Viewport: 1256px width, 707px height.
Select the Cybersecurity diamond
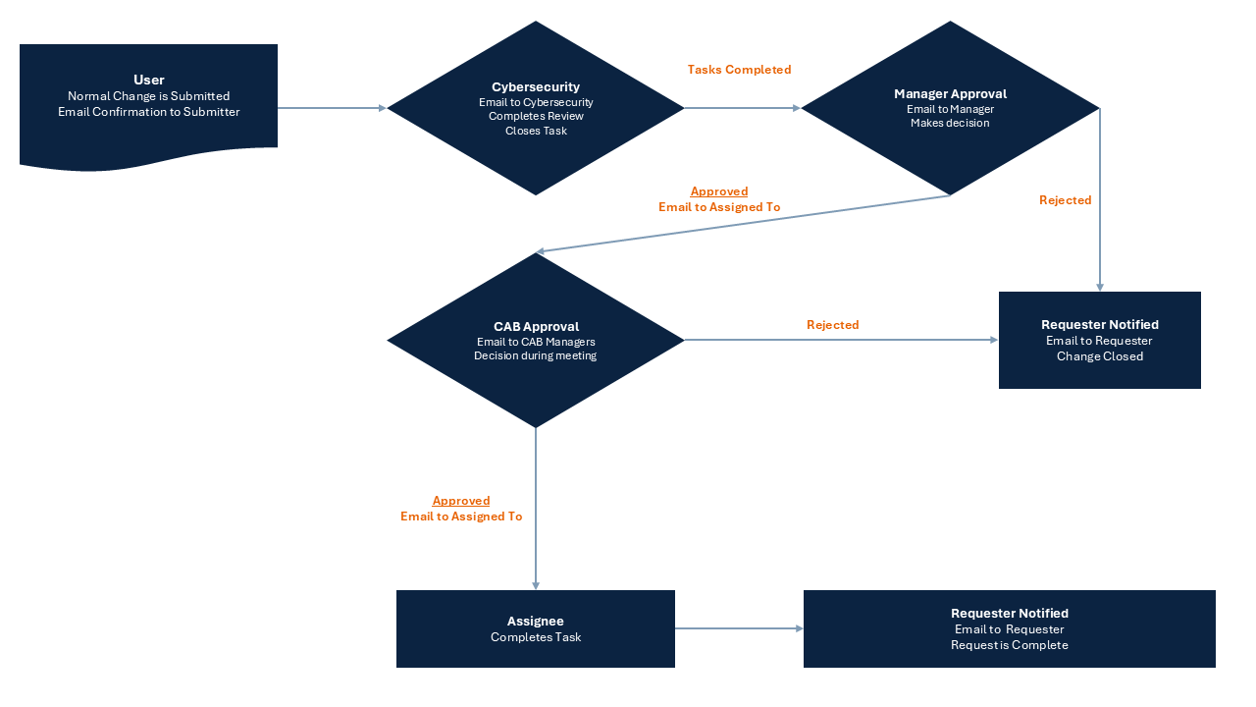pos(536,108)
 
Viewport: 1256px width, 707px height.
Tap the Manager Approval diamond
pos(950,108)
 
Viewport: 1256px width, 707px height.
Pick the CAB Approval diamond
pos(536,340)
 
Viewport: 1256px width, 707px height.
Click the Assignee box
pos(536,628)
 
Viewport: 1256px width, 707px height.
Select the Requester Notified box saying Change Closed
pos(1100,340)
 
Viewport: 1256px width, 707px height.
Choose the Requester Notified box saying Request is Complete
pos(1010,628)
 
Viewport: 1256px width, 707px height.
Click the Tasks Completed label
pos(739,70)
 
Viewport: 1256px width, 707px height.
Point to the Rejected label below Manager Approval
pos(1065,200)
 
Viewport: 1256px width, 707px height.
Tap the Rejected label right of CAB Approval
pos(833,325)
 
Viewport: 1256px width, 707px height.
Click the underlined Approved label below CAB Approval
pos(461,501)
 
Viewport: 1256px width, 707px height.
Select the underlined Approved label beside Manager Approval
pos(719,191)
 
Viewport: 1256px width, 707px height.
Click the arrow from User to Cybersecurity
pos(332,108)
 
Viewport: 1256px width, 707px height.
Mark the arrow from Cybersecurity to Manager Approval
pos(743,108)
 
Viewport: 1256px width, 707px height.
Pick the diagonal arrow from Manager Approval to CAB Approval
pos(743,223)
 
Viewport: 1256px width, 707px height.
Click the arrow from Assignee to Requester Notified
pos(739,628)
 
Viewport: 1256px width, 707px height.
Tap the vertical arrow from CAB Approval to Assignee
pos(536,509)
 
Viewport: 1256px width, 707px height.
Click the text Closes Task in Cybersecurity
pos(536,131)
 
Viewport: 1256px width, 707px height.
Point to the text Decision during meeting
pos(536,355)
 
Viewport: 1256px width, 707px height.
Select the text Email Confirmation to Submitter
pos(148,112)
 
